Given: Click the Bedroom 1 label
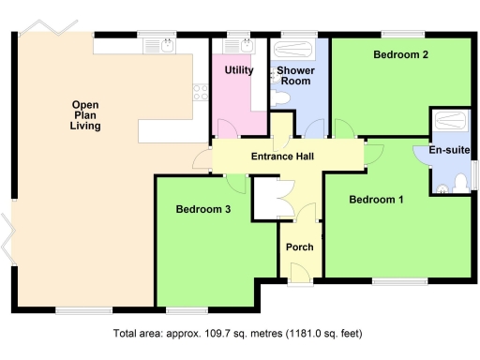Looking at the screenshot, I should [376, 200].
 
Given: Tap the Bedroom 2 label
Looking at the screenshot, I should [400, 55].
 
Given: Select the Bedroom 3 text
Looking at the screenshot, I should [202, 209].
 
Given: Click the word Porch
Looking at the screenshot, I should [300, 247].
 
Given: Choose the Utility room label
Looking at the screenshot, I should [239, 70].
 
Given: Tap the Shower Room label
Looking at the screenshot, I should [294, 76].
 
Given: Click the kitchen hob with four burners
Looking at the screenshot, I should [199, 91].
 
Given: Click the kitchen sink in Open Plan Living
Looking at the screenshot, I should [165, 43].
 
